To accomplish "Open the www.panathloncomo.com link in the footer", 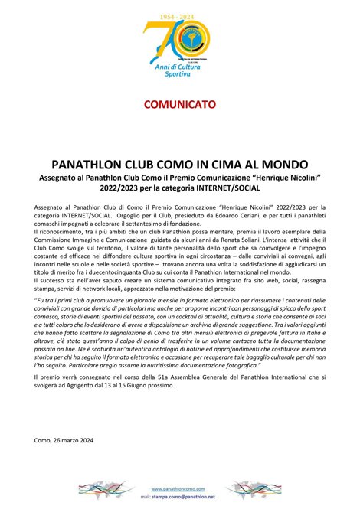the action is pyautogui.click(x=180, y=488).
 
